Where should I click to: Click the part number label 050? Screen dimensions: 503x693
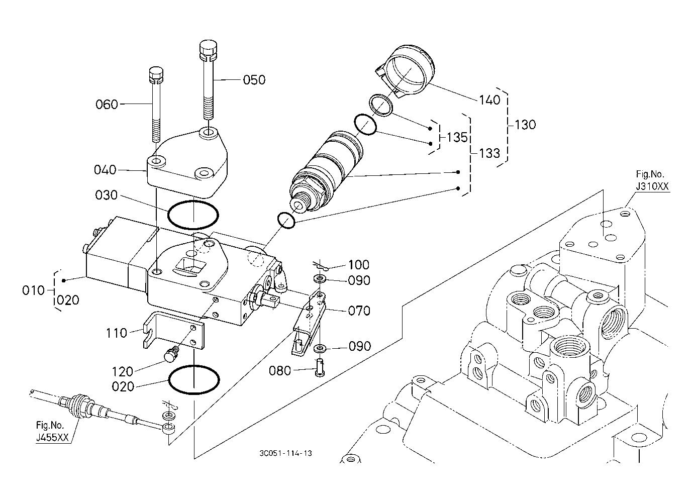click(254, 80)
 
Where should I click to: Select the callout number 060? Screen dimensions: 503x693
click(107, 105)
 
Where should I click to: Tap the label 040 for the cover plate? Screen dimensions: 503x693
click(105, 170)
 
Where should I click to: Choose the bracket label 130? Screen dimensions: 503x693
click(525, 125)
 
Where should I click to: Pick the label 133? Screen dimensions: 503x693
click(489, 153)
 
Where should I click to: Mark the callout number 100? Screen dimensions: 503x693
click(358, 265)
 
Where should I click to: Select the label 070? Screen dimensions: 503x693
click(359, 311)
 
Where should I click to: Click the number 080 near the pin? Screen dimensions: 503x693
click(280, 371)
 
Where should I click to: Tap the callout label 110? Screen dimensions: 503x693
click(117, 333)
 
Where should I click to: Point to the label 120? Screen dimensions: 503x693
click(123, 372)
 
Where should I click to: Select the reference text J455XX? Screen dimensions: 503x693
click(52, 438)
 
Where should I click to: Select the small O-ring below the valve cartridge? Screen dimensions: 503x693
click(285, 221)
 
